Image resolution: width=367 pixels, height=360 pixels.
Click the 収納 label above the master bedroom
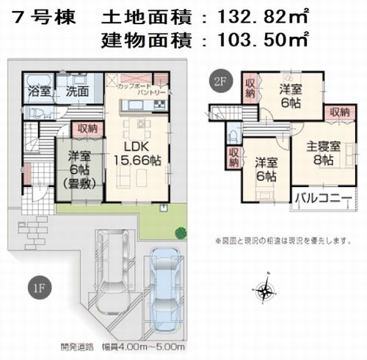tap(338, 112)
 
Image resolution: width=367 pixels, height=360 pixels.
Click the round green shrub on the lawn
tap(179, 233)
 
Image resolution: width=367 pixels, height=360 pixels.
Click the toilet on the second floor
tap(232, 135)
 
